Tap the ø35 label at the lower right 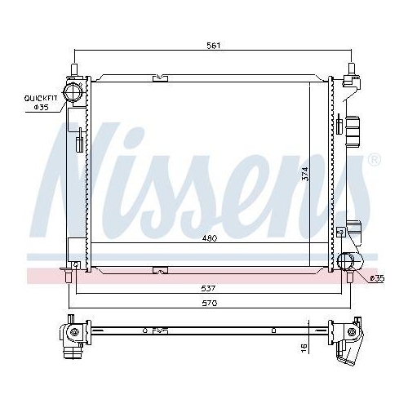[x=376, y=279]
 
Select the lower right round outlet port [x=348, y=263]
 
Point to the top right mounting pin [x=352, y=69]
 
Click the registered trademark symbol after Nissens [x=375, y=159]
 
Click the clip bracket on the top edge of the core [x=158, y=79]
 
